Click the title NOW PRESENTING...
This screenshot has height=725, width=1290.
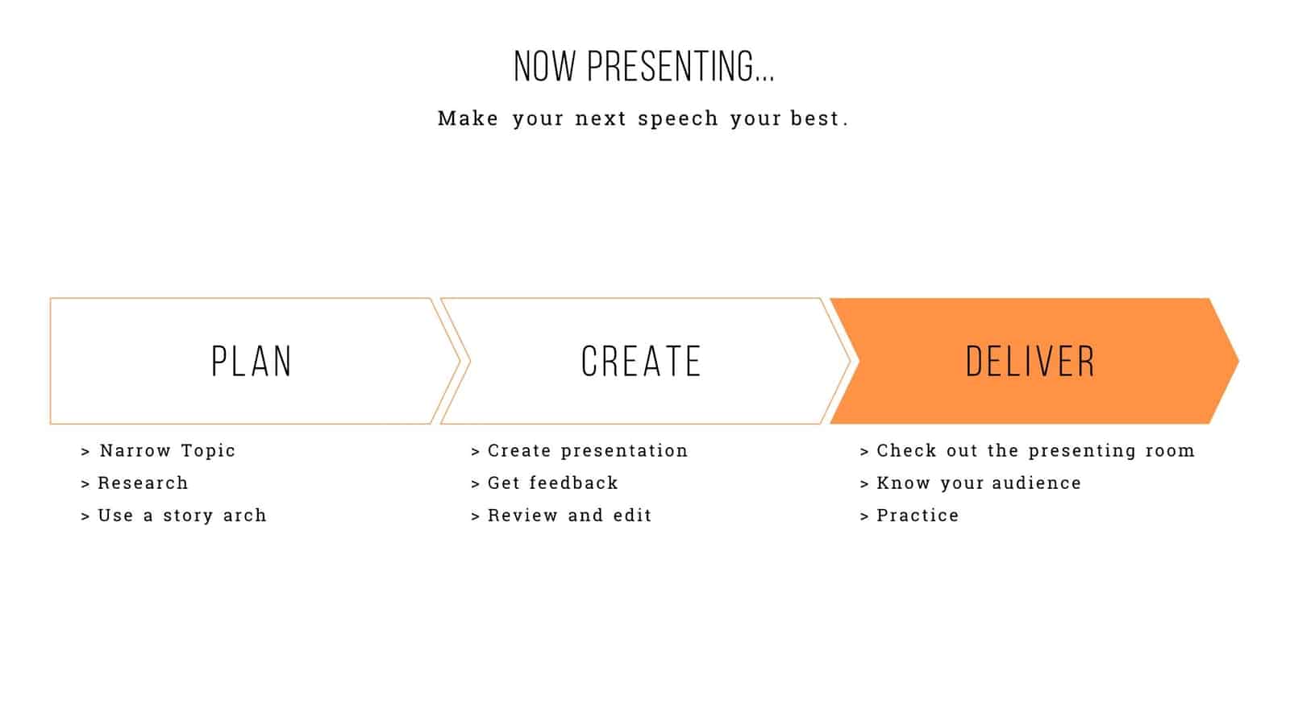tap(643, 66)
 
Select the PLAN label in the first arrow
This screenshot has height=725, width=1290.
tap(252, 362)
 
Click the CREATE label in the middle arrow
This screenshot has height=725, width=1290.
tap(641, 362)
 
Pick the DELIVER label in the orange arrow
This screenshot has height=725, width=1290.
tap(1030, 362)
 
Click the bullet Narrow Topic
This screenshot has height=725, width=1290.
tap(167, 450)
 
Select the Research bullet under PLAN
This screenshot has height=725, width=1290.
tap(143, 483)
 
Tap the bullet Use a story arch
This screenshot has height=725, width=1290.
tap(181, 515)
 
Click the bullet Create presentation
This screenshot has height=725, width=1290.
tap(587, 450)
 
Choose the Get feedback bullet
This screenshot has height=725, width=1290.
tap(552, 483)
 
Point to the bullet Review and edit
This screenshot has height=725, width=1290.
tap(569, 515)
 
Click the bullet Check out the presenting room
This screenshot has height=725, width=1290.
tap(1035, 450)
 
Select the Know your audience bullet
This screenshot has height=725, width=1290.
tap(979, 483)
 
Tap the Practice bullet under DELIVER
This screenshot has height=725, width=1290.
tap(918, 515)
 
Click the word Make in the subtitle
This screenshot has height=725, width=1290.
tap(468, 118)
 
